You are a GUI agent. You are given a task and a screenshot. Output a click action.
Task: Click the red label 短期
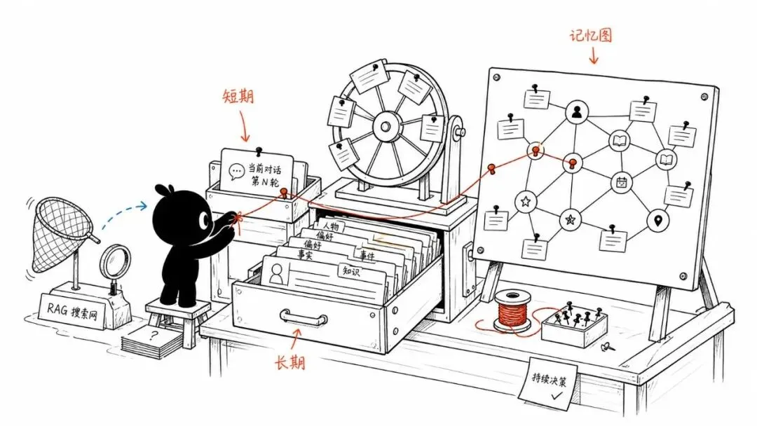tap(238, 96)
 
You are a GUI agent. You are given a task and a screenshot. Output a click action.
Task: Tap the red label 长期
tap(290, 362)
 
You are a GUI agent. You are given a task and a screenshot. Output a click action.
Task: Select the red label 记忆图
tap(591, 35)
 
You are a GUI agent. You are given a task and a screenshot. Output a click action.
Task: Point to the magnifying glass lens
tap(116, 262)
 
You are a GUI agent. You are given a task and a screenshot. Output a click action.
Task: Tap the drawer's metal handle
tap(304, 317)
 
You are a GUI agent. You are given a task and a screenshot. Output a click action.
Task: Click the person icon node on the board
tap(576, 112)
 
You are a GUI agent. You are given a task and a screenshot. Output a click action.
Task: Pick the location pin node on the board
tap(657, 221)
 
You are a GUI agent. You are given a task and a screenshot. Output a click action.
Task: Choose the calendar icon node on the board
tap(621, 182)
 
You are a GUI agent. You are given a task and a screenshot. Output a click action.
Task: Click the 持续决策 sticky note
tap(548, 383)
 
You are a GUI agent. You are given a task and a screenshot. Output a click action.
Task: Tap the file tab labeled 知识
tap(352, 271)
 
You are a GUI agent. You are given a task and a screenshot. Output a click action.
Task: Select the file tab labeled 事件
tap(367, 254)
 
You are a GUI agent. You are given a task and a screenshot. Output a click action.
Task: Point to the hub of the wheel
tap(386, 127)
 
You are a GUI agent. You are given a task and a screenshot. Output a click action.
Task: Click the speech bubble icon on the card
tap(237, 171)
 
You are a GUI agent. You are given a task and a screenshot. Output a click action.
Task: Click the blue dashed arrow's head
tap(142, 206)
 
